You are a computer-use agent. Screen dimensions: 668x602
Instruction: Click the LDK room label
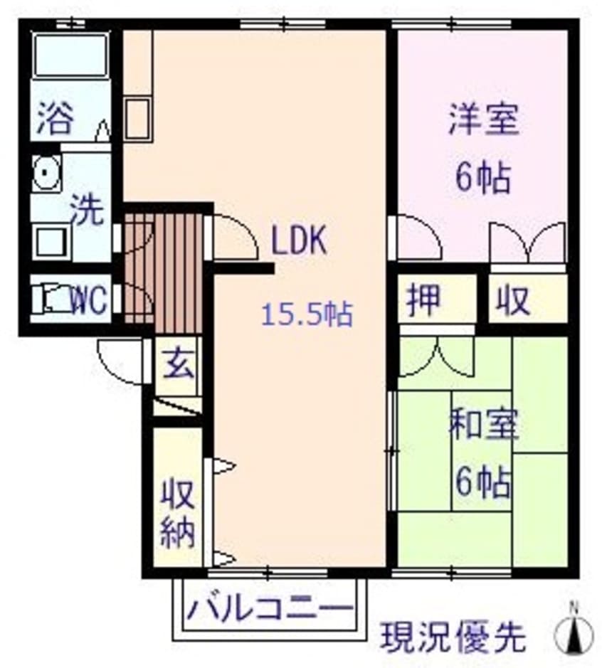298,242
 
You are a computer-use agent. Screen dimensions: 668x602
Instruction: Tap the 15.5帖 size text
307,314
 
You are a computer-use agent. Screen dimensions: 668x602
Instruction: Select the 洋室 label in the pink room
484,120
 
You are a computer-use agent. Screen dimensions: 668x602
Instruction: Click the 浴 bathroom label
55,118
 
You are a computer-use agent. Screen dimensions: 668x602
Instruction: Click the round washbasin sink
47,173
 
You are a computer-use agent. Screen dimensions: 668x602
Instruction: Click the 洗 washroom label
86,211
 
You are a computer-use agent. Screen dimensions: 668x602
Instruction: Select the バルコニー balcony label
270,610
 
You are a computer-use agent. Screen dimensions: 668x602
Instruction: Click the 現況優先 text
453,637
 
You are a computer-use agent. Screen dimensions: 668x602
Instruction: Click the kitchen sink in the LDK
137,117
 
